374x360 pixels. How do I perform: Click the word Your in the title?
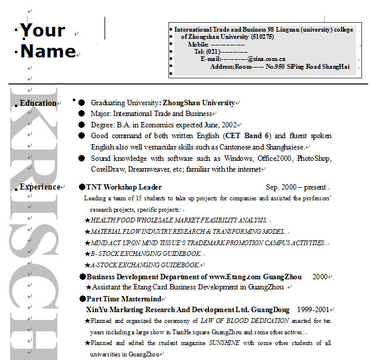click(42, 30)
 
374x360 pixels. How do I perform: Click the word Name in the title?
click(48, 51)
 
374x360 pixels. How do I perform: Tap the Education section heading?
click(38, 103)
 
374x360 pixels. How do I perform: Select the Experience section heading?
click(40, 187)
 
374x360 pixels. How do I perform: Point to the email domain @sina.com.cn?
click(266, 59)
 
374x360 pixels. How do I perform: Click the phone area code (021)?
click(213, 51)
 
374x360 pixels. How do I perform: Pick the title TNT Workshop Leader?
click(124, 187)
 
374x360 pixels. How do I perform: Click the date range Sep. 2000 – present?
click(296, 187)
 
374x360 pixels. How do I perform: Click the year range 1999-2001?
click(313, 310)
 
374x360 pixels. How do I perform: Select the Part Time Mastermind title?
click(124, 298)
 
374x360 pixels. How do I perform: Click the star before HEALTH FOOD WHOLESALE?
click(87, 220)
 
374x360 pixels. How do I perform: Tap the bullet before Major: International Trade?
click(82, 114)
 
